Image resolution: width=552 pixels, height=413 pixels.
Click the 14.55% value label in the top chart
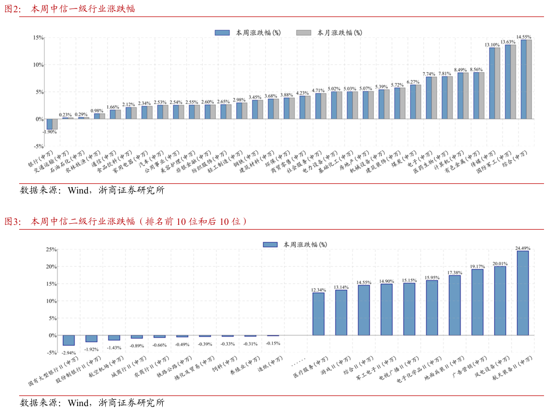coord(523,37)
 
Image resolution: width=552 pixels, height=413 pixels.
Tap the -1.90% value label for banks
coord(50,132)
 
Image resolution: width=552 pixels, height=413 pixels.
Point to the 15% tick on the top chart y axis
coord(38,38)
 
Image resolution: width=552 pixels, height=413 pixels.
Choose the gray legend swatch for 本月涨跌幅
coord(303,32)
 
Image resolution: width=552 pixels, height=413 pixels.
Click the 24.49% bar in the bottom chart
coord(523,293)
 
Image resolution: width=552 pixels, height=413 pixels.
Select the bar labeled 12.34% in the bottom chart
coord(318,314)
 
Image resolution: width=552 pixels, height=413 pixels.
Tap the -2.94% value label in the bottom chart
coord(69,352)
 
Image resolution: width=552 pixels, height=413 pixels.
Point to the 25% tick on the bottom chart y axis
coord(51,249)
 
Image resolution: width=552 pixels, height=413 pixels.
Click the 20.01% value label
coord(500,263)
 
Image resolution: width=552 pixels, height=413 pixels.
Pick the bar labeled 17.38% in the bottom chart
coord(455,305)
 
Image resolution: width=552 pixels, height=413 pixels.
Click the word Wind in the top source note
coord(77,190)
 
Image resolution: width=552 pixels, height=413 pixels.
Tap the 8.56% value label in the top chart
coord(476,70)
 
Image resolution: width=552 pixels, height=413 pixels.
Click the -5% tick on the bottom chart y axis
coord(51,352)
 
